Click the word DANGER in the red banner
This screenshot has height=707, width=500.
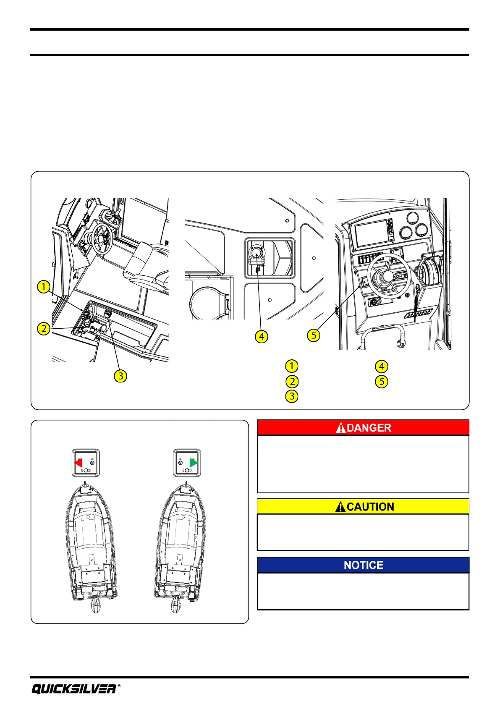(x=369, y=428)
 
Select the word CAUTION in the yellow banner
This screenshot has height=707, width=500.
(x=370, y=507)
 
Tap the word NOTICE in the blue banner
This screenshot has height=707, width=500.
(x=363, y=565)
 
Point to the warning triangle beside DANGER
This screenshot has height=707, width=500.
(x=341, y=428)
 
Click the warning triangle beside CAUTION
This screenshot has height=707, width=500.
(x=340, y=507)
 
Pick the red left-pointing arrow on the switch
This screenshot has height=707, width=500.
(x=79, y=463)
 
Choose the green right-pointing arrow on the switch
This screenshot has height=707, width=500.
(x=194, y=463)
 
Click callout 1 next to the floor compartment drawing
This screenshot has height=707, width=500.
(x=43, y=287)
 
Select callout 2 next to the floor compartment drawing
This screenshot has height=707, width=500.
(x=44, y=328)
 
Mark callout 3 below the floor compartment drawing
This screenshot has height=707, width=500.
(x=120, y=376)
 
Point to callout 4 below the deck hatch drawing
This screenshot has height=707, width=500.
(x=262, y=336)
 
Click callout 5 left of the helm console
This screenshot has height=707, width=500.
(x=314, y=335)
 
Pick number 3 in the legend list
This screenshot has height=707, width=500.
(x=291, y=396)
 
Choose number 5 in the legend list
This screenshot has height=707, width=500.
(x=381, y=382)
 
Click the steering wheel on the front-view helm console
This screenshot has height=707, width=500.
(x=387, y=276)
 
